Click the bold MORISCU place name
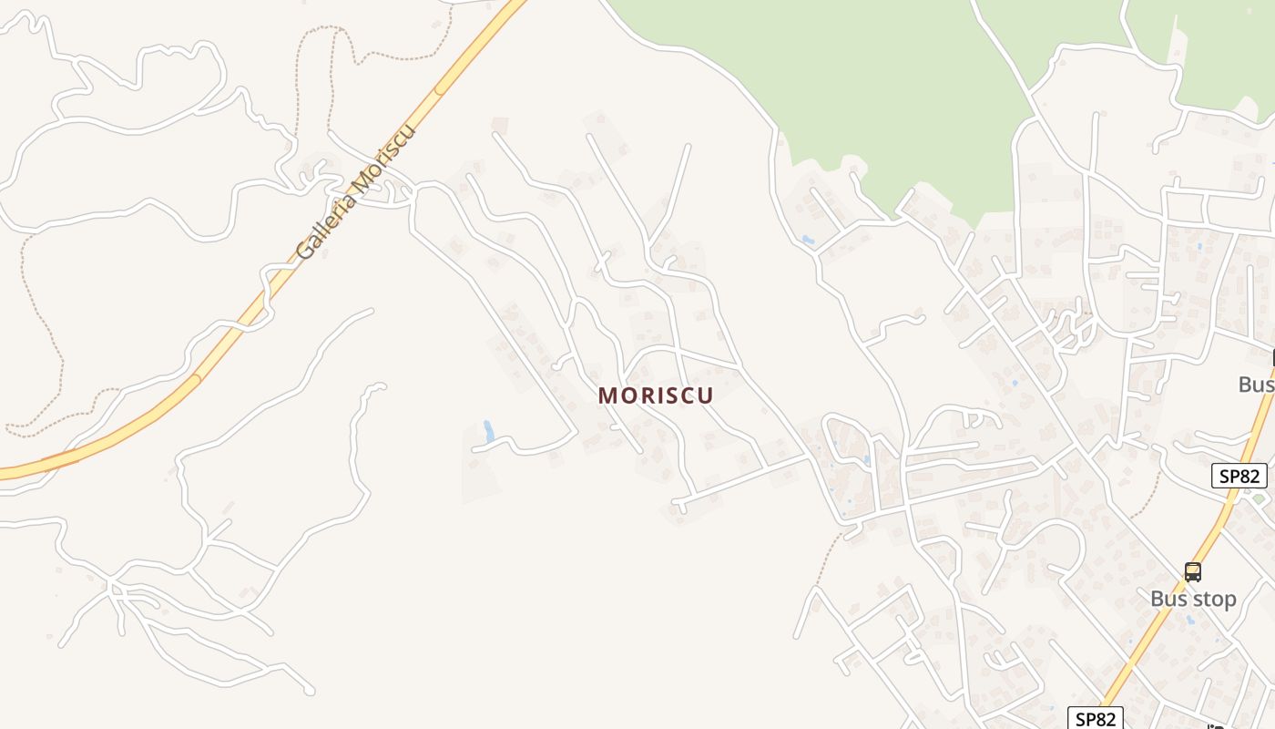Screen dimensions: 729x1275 click(656, 395)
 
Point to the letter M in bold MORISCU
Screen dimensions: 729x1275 click(607, 395)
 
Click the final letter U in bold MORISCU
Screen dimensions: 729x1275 click(704, 395)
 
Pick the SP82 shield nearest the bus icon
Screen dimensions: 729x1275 click(1239, 476)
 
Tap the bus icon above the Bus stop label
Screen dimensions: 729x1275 click(1193, 572)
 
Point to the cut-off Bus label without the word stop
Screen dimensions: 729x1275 click(1257, 385)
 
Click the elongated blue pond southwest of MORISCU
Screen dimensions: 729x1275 click(489, 431)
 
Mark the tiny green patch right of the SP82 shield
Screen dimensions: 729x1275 click(1260, 498)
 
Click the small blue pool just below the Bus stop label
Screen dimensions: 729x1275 click(1190, 620)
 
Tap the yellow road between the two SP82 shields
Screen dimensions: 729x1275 click(1175, 592)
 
